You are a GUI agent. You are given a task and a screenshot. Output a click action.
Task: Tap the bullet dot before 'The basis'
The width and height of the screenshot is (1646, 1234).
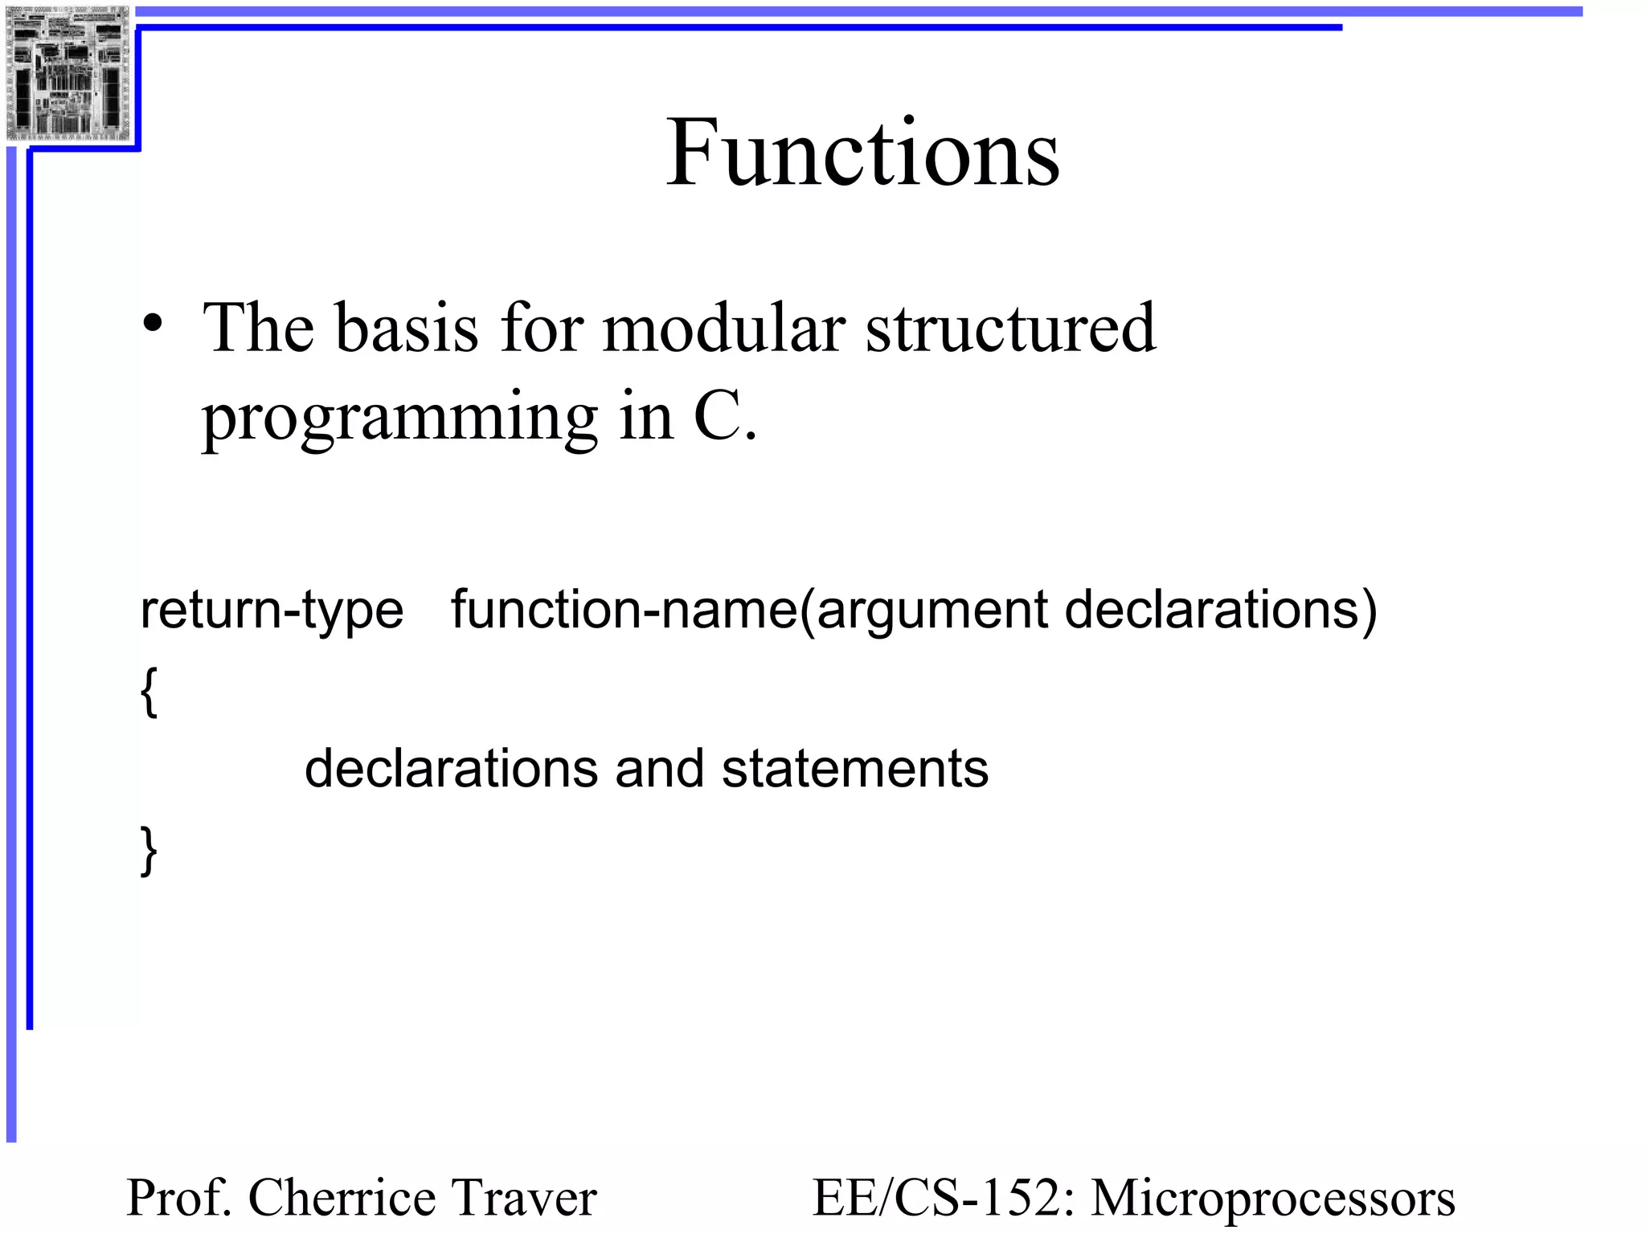(x=152, y=325)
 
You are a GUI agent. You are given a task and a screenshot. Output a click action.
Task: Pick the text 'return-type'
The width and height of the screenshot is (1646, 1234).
(x=272, y=611)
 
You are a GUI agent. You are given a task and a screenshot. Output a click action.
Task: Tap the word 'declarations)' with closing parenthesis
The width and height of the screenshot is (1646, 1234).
(x=1221, y=611)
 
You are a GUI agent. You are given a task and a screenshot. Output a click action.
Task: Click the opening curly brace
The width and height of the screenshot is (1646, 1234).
(x=149, y=691)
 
